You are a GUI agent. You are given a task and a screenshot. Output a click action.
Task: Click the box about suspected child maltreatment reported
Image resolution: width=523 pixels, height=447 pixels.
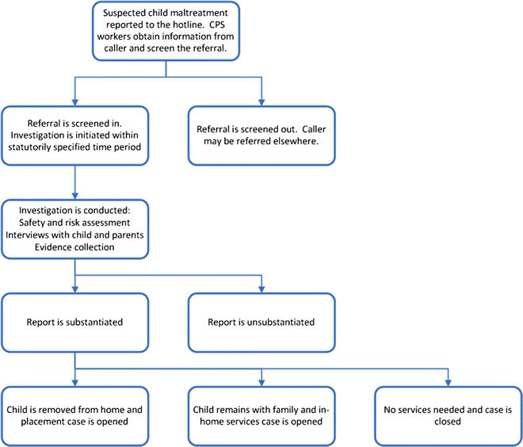166,31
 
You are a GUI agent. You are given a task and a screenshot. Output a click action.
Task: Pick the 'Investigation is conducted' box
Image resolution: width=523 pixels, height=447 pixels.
74,230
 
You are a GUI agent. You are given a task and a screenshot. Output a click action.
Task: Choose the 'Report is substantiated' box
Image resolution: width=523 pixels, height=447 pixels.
74,323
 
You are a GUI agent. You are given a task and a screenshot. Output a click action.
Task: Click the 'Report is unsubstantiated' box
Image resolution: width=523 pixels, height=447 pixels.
261,323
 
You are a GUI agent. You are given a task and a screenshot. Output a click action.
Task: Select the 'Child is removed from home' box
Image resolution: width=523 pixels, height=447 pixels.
74,415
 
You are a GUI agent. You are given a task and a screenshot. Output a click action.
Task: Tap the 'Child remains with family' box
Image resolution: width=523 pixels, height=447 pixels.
261,415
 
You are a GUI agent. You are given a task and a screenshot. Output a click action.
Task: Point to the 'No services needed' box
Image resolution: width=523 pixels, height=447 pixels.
449,415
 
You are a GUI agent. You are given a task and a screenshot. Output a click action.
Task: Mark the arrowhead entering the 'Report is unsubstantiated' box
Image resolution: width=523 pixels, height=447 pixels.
261,289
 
